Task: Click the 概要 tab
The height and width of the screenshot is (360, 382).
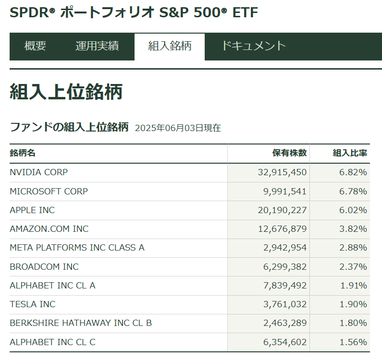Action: [x=35, y=46]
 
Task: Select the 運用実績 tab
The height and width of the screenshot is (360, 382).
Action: [x=97, y=46]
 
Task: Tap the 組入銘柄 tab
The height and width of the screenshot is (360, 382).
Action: [x=170, y=46]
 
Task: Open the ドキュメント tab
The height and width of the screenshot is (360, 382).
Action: [x=253, y=46]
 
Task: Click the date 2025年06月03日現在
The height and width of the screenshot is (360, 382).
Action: [x=178, y=128]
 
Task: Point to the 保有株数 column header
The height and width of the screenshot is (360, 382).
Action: [x=289, y=153]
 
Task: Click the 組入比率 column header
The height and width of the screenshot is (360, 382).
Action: [x=350, y=153]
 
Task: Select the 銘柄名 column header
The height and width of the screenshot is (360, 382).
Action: [x=23, y=153]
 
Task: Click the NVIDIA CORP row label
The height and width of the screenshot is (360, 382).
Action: [x=39, y=172]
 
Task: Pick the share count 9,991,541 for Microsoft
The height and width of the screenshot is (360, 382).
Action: [x=285, y=191]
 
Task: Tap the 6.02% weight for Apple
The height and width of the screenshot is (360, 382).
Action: [x=353, y=210]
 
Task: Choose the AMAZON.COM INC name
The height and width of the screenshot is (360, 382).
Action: [x=49, y=229]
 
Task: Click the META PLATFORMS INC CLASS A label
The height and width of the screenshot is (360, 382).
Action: [x=77, y=248]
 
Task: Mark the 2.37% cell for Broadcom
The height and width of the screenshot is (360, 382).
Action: [x=353, y=266]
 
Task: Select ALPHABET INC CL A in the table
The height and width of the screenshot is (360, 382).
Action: [x=52, y=286]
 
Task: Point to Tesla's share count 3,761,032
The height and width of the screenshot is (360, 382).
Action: [x=285, y=304]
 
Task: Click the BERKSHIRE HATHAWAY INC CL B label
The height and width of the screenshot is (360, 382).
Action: [x=81, y=323]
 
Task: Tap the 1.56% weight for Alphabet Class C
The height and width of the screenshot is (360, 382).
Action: [x=353, y=342]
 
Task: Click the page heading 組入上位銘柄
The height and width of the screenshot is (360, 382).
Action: [x=66, y=92]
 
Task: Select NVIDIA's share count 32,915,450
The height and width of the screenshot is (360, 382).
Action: [x=283, y=172]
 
